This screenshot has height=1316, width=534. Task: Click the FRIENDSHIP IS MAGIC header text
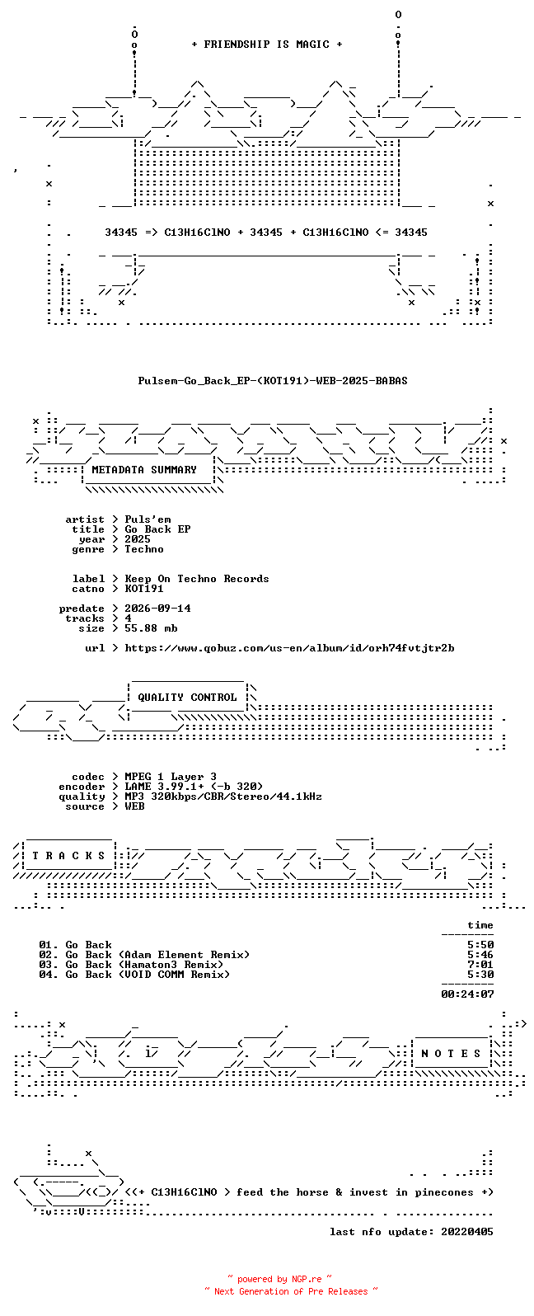point(267,45)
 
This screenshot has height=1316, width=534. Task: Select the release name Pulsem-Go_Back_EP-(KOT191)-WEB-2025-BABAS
point(273,381)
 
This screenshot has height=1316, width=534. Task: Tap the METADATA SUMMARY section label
point(144,470)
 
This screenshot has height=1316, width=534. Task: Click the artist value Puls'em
point(148,519)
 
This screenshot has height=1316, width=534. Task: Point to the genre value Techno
point(144,549)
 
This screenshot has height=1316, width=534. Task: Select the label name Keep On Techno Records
point(197,579)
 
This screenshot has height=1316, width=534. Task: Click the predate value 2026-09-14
point(157,609)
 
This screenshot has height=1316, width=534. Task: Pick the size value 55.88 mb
point(151,628)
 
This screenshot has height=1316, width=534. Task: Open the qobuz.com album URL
point(289,648)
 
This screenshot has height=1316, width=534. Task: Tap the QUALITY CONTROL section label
point(187,698)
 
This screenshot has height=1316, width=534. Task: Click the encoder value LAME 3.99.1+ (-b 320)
point(194,787)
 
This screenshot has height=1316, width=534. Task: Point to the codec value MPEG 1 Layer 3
point(171,777)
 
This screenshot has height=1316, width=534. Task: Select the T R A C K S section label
point(68,856)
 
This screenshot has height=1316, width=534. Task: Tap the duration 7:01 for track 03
point(480,965)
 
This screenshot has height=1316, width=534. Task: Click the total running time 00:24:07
point(467,994)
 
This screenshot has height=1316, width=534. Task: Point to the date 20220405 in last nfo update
point(467,1231)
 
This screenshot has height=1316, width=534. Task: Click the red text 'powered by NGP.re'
point(279,1279)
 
